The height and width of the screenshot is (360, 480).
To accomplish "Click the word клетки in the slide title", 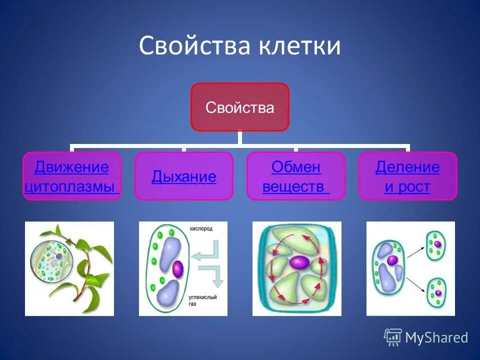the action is pyautogui.click(x=299, y=45).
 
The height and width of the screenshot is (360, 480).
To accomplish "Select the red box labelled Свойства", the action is pyautogui.click(x=240, y=107).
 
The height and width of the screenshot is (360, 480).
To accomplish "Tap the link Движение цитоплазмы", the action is pyautogui.click(x=71, y=176).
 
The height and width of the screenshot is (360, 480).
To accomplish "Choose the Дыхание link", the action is pyautogui.click(x=184, y=176).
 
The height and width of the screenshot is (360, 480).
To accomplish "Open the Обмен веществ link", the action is pyautogui.click(x=296, y=176).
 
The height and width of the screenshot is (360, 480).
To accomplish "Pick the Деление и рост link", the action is pyautogui.click(x=407, y=176).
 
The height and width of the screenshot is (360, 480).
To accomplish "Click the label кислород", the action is pyautogui.click(x=201, y=228).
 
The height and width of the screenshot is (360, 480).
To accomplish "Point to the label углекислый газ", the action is pyautogui.click(x=202, y=300).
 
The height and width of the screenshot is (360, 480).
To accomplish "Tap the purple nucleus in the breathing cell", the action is pyautogui.click(x=178, y=269).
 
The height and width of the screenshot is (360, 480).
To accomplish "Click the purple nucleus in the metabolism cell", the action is pyautogui.click(x=299, y=262).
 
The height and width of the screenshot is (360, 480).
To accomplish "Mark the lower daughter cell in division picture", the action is pyautogui.click(x=436, y=292).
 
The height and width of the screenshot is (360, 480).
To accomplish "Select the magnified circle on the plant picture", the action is pyautogui.click(x=52, y=259).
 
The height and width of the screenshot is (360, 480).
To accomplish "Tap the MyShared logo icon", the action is pyautogui.click(x=393, y=337).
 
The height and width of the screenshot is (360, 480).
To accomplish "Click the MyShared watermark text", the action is pyautogui.click(x=437, y=337).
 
